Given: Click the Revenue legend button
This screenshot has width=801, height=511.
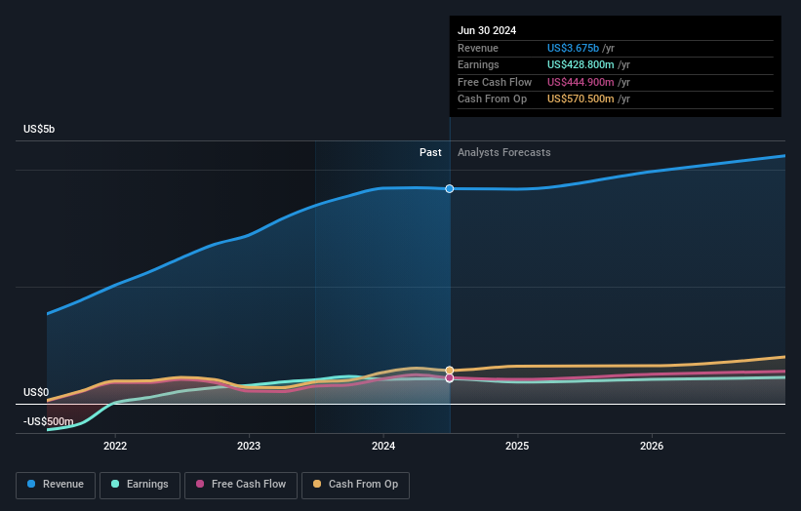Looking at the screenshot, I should [x=56, y=485].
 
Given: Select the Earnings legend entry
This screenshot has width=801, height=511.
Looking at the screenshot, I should [x=139, y=485].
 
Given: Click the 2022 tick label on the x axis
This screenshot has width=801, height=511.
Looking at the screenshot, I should [x=115, y=447].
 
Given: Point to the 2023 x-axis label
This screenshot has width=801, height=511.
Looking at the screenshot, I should [x=249, y=447].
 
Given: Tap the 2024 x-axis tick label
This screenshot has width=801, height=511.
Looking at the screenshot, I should [x=383, y=447].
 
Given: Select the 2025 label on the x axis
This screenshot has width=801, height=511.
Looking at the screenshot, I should [x=517, y=447].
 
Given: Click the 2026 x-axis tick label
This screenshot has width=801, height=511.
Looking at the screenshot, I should [x=652, y=447].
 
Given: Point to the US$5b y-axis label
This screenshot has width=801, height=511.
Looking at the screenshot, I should [x=40, y=130].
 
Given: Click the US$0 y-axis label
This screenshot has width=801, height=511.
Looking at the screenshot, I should [x=36, y=392].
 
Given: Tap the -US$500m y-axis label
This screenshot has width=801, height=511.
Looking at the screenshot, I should [x=49, y=421].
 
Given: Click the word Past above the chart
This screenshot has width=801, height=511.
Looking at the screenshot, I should [x=430, y=153].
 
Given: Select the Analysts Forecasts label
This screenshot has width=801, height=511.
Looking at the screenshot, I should [x=503, y=153].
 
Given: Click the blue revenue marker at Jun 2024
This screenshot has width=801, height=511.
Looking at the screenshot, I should [x=450, y=188].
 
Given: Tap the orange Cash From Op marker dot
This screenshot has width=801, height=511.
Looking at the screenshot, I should [x=450, y=371].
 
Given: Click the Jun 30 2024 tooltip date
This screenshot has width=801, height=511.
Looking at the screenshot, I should [x=487, y=30].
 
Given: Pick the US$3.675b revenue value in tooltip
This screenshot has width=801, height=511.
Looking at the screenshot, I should [x=574, y=49].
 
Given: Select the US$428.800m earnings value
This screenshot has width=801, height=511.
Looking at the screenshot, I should [x=581, y=65].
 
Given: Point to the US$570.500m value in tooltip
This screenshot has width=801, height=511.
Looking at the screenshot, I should [x=581, y=99].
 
